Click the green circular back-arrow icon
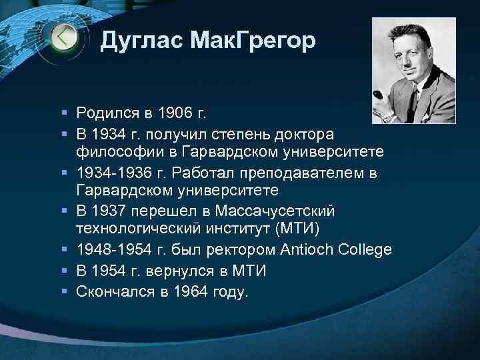(x=64, y=38)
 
